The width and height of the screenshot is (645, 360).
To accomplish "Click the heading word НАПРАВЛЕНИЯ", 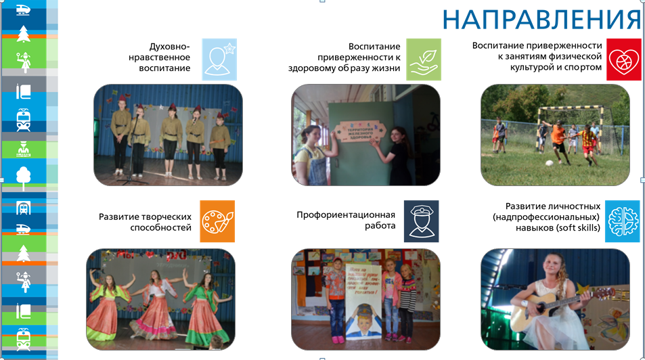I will point(541,20).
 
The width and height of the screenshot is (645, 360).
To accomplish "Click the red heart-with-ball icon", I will point(623,60).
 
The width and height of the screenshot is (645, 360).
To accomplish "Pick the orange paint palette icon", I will point(217,221).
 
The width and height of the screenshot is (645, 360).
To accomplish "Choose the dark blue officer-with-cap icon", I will point(421,221).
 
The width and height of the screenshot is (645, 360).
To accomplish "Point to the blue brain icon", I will point(622,221).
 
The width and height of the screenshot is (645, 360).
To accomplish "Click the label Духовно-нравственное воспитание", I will point(164,57).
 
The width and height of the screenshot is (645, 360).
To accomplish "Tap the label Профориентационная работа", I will point(346,220).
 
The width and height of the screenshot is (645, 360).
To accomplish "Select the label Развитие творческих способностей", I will point(145,222).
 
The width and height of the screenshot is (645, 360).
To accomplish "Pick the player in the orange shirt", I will point(558,139).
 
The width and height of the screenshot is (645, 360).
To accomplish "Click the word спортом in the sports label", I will point(581,67).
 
